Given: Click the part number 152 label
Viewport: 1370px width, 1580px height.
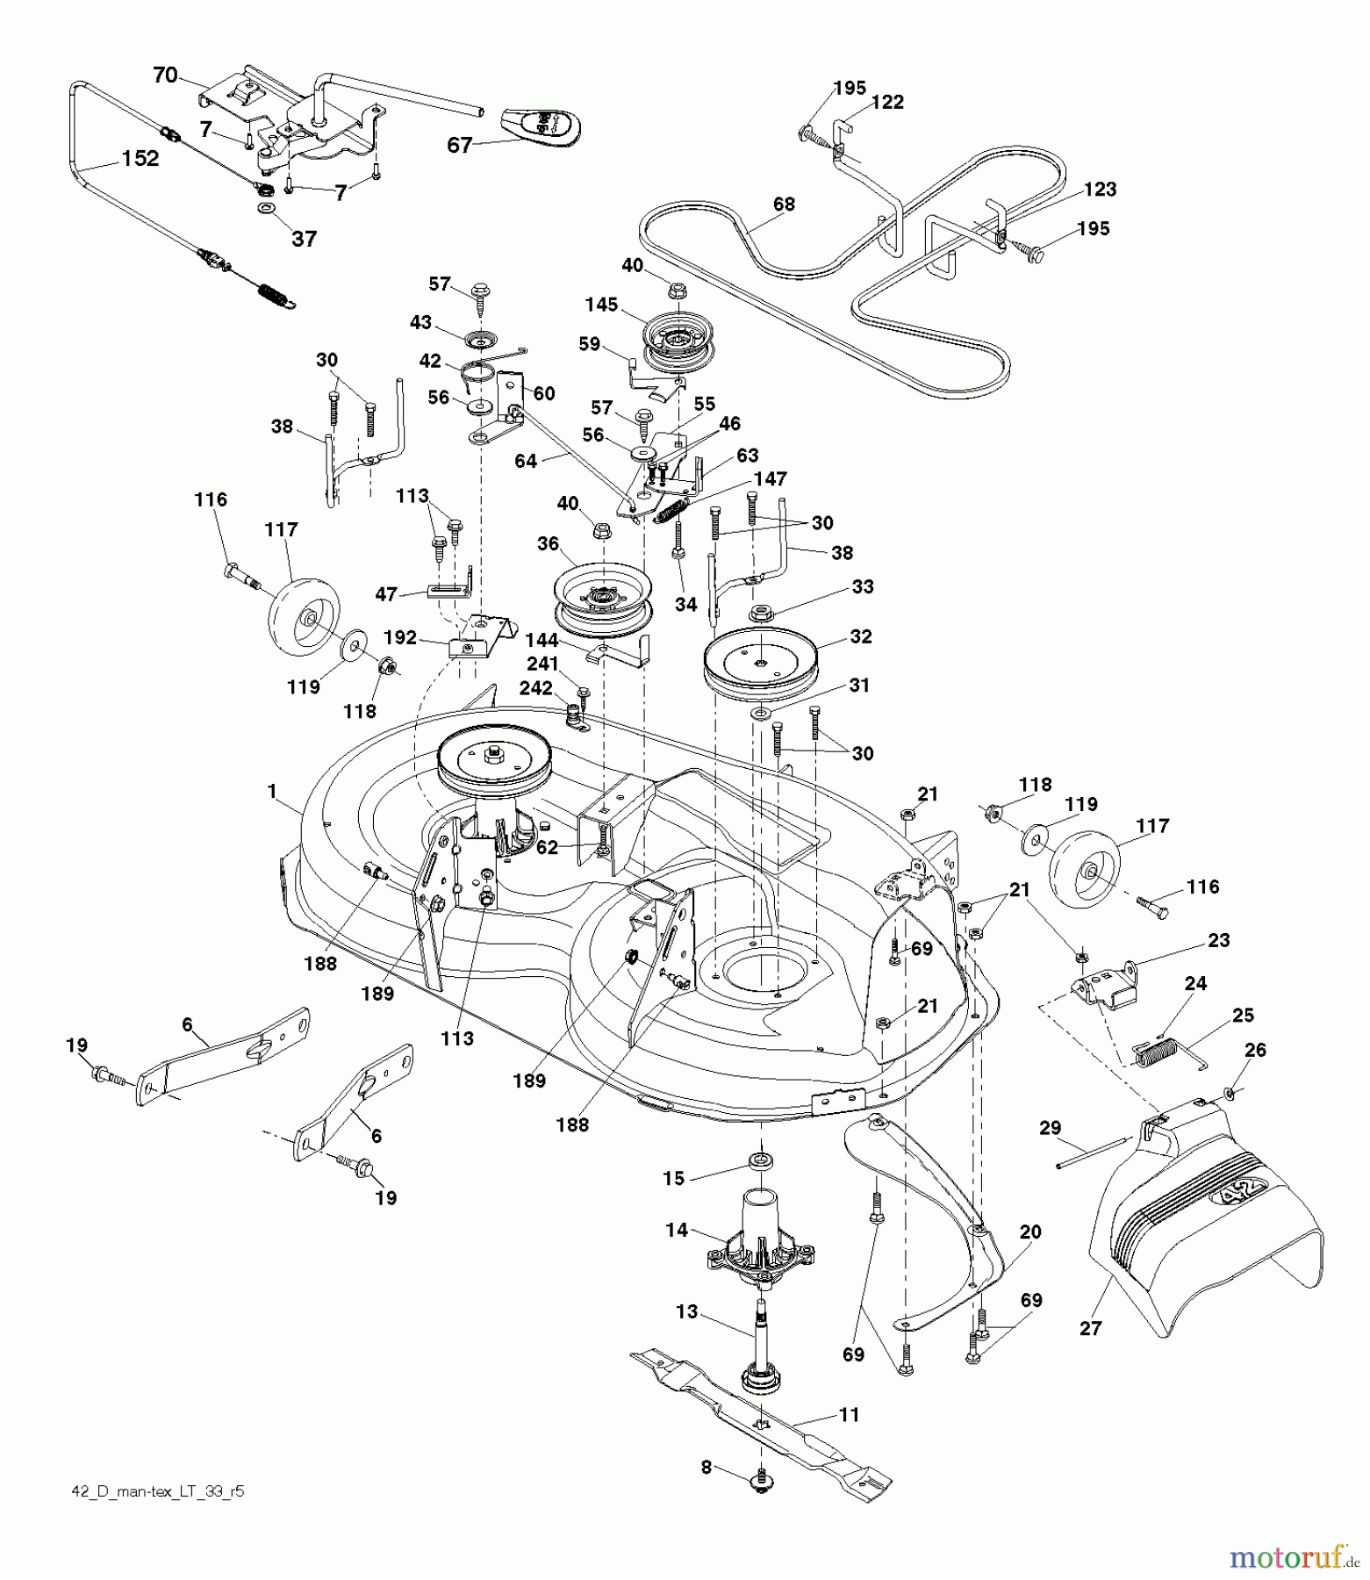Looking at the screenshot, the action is click(x=140, y=158).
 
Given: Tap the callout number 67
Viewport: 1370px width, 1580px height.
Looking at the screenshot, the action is click(x=460, y=145).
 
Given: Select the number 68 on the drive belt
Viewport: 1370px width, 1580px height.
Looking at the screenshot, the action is click(x=784, y=204).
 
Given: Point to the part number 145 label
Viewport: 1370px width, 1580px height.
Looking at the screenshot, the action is click(x=602, y=305).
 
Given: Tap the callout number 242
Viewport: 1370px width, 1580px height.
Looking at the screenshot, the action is click(x=537, y=688).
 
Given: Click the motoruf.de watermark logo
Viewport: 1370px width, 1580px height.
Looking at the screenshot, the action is click(x=1290, y=1557).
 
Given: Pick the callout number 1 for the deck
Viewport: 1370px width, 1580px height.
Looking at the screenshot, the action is click(x=272, y=792).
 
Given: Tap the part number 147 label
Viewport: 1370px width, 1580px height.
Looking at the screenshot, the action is click(x=770, y=478).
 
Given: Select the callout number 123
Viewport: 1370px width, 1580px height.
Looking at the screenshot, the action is click(x=1100, y=189).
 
